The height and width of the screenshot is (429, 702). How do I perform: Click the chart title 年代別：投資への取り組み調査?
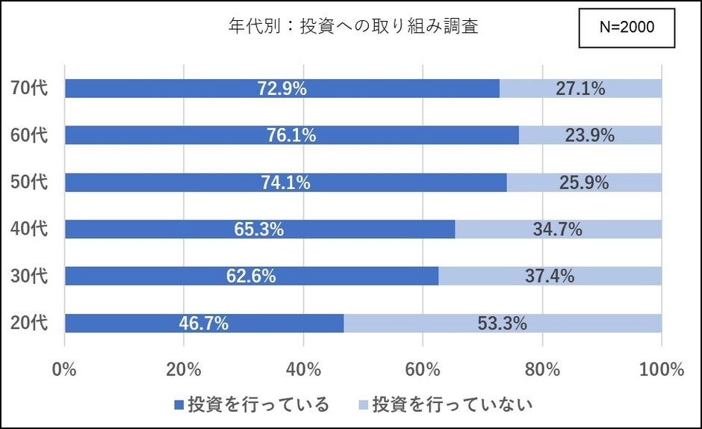(x=352, y=27)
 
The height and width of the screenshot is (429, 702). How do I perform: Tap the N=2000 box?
(x=627, y=28)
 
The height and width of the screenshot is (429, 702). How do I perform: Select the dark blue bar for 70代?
(x=187, y=88)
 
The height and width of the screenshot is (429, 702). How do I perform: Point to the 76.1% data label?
(x=291, y=135)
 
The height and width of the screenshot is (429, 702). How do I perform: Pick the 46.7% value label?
(x=204, y=323)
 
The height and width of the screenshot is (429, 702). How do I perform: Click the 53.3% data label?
(x=502, y=323)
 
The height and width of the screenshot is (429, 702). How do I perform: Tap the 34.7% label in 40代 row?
(x=557, y=229)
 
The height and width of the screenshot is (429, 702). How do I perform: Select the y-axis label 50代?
(x=30, y=182)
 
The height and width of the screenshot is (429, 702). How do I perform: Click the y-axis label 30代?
(x=30, y=276)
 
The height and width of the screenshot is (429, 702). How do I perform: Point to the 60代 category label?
(x=30, y=135)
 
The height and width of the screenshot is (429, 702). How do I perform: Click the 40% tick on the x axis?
(x=303, y=369)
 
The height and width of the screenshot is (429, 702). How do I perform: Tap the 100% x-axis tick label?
(x=662, y=369)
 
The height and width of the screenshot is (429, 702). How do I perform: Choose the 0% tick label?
(x=65, y=369)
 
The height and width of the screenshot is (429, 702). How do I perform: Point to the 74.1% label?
(x=285, y=182)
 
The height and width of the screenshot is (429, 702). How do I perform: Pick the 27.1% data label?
(x=580, y=88)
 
